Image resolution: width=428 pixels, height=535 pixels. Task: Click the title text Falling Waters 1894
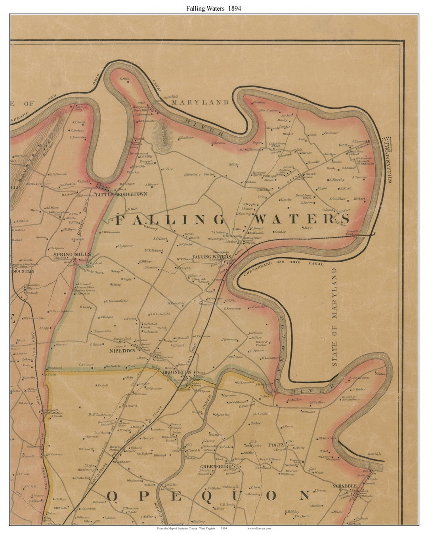[x=214, y=8]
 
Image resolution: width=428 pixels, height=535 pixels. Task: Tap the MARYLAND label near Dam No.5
[x=200, y=102]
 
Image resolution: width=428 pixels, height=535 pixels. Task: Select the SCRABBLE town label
[x=345, y=486]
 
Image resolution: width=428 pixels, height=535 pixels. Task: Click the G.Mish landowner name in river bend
[x=124, y=78]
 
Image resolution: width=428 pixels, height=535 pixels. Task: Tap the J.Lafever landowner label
[x=185, y=138]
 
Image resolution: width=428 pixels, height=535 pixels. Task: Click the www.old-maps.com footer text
[x=259, y=528]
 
